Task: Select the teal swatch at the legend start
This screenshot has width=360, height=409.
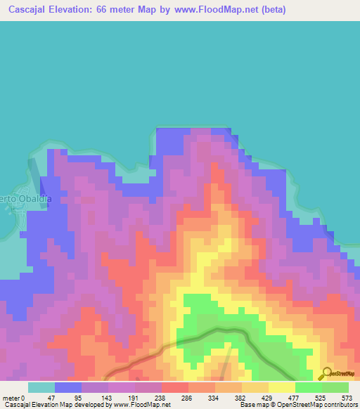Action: [41, 387]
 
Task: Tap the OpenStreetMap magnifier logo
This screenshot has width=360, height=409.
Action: [326, 373]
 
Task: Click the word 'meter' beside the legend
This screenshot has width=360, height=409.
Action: [11, 398]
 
